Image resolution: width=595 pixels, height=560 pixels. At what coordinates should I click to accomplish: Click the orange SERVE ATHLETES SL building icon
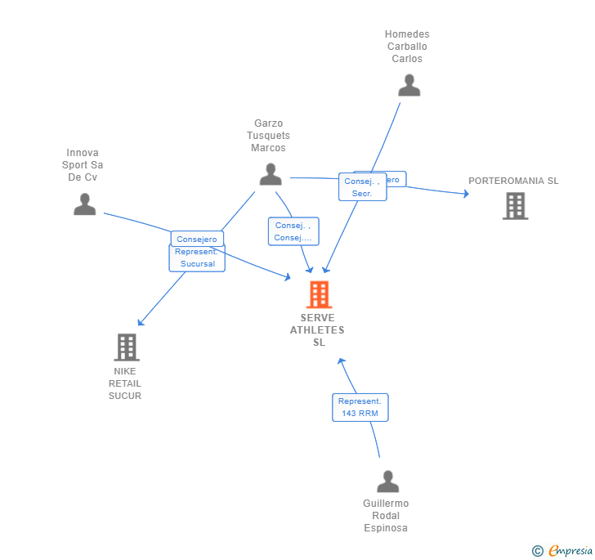pyautogui.click(x=319, y=294)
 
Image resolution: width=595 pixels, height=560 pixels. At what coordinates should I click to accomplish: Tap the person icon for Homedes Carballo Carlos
pyautogui.click(x=409, y=85)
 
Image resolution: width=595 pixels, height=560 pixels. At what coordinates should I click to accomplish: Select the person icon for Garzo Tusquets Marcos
pyautogui.click(x=271, y=174)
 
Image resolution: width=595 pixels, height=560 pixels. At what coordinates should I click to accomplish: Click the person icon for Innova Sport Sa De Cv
pyautogui.click(x=84, y=204)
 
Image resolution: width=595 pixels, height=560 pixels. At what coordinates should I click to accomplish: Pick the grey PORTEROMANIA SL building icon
pyautogui.click(x=515, y=206)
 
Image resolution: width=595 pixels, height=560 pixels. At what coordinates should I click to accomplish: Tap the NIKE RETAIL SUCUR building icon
pyautogui.click(x=126, y=347)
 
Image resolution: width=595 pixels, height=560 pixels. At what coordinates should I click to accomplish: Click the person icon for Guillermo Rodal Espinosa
pyautogui.click(x=388, y=482)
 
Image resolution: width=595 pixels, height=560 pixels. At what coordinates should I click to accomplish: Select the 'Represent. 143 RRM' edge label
pyautogui.click(x=360, y=407)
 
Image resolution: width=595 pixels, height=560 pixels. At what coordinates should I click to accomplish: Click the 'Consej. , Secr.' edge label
pyautogui.click(x=361, y=187)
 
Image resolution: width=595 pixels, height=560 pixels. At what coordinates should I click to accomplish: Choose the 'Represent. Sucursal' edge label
pyautogui.click(x=196, y=258)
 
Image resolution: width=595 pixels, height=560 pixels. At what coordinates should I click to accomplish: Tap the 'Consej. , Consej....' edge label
pyautogui.click(x=293, y=231)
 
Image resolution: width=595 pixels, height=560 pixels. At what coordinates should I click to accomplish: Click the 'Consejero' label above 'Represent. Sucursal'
pyautogui.click(x=197, y=239)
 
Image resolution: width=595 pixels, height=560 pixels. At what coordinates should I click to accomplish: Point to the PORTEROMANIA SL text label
pyautogui.click(x=513, y=181)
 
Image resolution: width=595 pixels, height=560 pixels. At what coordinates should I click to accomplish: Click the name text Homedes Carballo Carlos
pyautogui.click(x=407, y=47)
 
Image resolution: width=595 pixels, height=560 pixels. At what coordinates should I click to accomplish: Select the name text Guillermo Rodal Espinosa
pyautogui.click(x=386, y=516)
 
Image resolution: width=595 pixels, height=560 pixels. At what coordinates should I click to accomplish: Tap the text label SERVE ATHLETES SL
pyautogui.click(x=318, y=330)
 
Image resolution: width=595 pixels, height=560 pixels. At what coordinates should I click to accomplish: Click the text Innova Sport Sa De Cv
pyautogui.click(x=83, y=165)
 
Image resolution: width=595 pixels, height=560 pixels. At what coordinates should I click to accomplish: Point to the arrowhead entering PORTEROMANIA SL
pyautogui.click(x=466, y=194)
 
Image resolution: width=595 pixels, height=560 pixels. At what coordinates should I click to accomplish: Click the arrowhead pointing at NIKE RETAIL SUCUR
pyautogui.click(x=141, y=322)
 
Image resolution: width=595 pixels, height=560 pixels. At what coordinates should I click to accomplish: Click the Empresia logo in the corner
pyautogui.click(x=563, y=550)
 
